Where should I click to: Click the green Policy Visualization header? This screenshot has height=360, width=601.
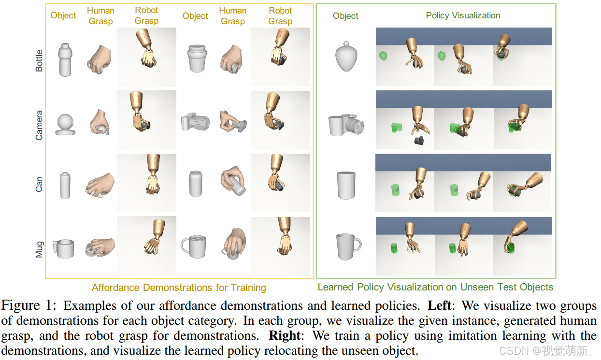click(463, 15)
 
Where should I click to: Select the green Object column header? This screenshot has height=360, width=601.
click(345, 16)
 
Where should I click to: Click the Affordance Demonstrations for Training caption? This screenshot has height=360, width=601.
click(179, 288)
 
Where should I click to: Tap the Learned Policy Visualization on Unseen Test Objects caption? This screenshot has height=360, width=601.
click(435, 287)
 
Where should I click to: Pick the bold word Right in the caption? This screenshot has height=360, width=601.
click(285, 335)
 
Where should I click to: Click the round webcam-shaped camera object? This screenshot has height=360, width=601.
click(65, 124)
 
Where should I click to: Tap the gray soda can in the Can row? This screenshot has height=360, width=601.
click(195, 184)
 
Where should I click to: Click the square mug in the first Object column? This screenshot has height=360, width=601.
click(64, 248)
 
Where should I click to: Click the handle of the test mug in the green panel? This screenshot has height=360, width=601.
click(358, 244)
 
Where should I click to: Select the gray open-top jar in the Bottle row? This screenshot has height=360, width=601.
click(196, 58)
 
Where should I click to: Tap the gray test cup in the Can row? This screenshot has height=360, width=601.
click(346, 185)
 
